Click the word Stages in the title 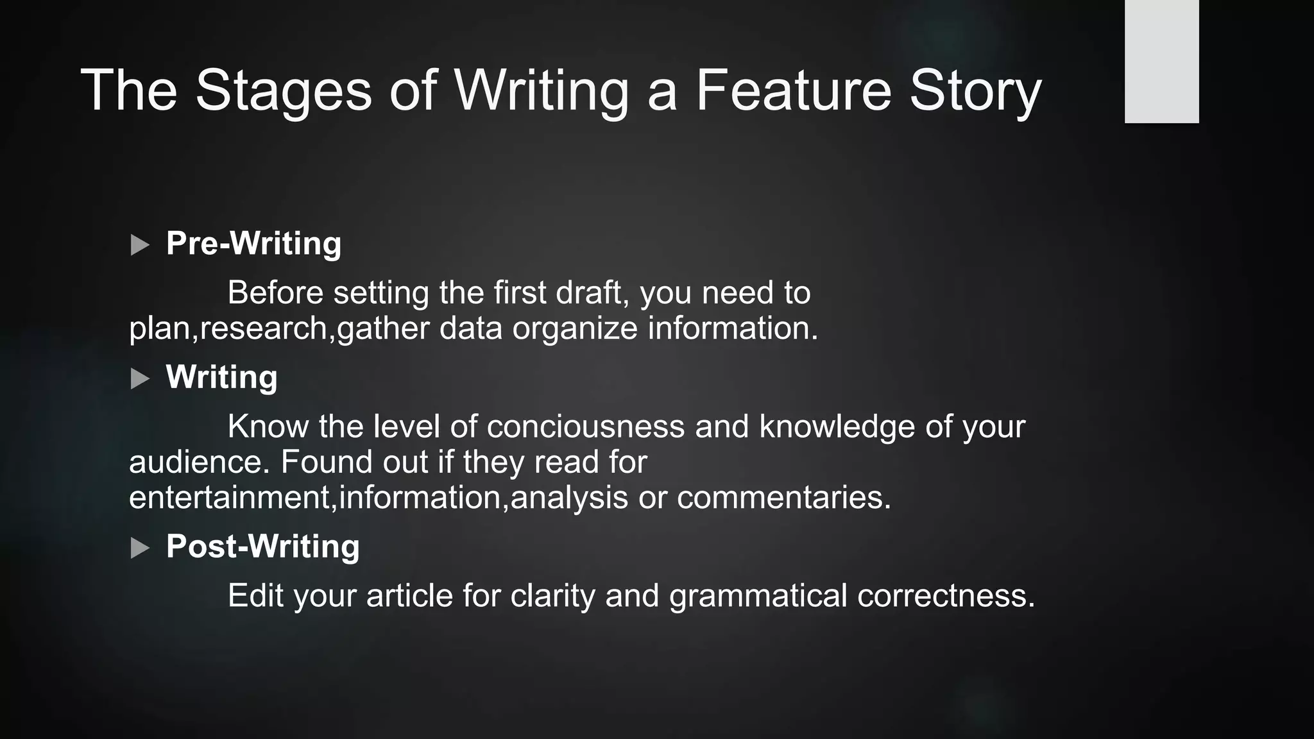point(283,90)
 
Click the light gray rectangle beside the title point(1161,62)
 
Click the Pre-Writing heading point(253,244)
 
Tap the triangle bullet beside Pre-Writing point(139,245)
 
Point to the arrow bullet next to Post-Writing point(139,548)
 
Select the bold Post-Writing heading point(262,547)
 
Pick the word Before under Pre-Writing point(275,293)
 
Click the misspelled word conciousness point(585,427)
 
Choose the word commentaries point(784,498)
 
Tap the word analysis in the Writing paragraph point(569,498)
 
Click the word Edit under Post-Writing point(255,596)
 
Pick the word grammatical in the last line point(758,596)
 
